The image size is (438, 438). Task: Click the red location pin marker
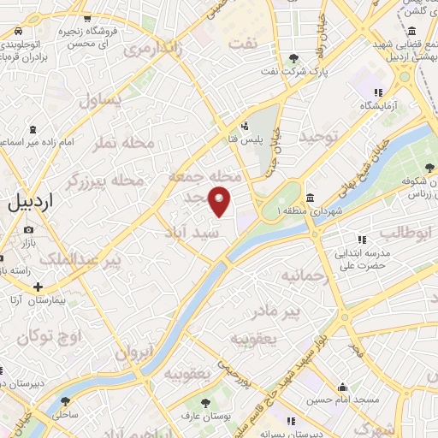221,200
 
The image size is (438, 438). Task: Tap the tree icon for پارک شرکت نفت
294,57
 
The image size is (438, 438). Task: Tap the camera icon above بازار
29,229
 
